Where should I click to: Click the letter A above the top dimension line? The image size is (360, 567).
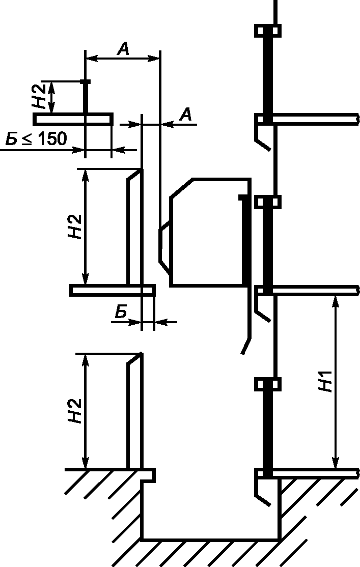123,48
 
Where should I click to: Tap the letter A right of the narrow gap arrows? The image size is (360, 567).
185,115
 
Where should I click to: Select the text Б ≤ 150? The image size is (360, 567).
36,138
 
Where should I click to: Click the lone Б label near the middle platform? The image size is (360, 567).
121,311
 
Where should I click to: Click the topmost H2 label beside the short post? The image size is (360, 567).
39,96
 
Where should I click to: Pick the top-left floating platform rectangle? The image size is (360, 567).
73,119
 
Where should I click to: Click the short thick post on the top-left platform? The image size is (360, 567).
86,97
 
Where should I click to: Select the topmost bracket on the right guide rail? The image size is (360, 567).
268,31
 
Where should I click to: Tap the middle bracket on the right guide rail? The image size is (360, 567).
268,202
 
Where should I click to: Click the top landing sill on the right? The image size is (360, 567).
315,119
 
